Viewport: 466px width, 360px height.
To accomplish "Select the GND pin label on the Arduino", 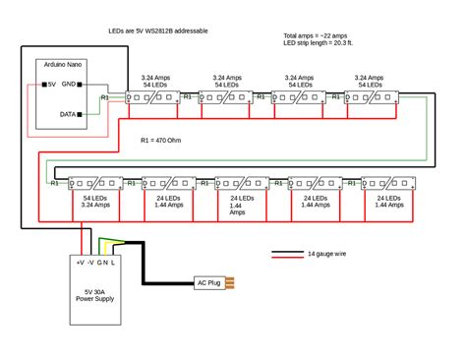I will pos(71,85).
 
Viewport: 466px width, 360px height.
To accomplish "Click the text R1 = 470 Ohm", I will pos(161,141).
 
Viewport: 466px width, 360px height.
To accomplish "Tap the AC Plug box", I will pos(209,283).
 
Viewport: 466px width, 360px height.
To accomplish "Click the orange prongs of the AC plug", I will pos(232,283).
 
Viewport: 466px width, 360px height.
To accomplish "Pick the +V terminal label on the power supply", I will pos(79,263).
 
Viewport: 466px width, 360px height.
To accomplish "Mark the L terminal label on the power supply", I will pos(115,263).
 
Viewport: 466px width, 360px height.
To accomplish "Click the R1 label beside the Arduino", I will pos(105,98).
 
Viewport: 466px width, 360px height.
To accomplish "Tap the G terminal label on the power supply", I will pos(100,263).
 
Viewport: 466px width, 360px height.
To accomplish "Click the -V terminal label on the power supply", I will pos(90,263).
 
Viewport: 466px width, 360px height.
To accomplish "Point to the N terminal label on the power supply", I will pos(107,263).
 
